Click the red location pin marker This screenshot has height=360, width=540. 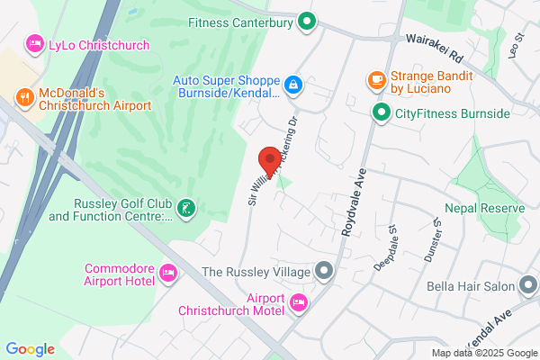coord(268,160)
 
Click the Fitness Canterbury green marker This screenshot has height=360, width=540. coord(307,20)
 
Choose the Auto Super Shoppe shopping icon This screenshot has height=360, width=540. coord(292,85)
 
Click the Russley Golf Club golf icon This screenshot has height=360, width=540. coord(184,209)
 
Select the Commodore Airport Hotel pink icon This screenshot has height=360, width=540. coord(166,272)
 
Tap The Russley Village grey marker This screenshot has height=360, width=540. coord(323,271)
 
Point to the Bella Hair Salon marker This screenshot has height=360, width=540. coord(528,286)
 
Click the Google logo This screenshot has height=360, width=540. coord(30,349)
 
